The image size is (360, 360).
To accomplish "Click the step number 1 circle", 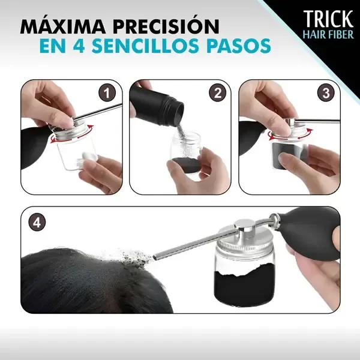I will pos(107,93).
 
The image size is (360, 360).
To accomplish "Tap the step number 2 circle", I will pos(217,93).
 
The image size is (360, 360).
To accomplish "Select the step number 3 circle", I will pos(326,93).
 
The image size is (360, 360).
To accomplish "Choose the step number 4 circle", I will pos(37,222).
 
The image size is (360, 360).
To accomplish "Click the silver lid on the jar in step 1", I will pos(77,131).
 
